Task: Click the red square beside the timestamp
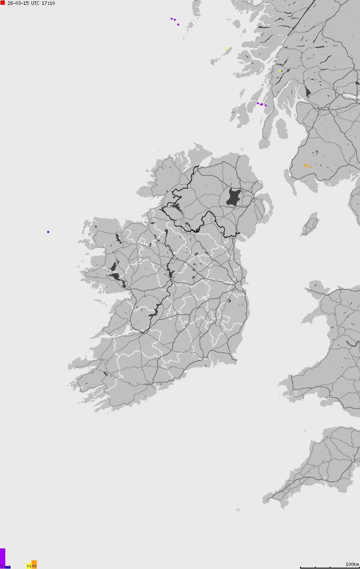tap(3, 3)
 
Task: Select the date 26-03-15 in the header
tap(18, 3)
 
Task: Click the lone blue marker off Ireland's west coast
tap(48, 232)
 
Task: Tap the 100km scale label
tap(352, 564)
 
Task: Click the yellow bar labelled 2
tap(28, 566)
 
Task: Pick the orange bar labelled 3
tap(34, 564)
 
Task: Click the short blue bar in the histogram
tap(8, 567)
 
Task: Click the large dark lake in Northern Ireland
tap(234, 197)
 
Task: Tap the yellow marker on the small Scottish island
tap(228, 49)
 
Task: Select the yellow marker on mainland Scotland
tap(280, 71)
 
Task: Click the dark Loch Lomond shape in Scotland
tap(308, 92)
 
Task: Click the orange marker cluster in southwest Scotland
tap(307, 166)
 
